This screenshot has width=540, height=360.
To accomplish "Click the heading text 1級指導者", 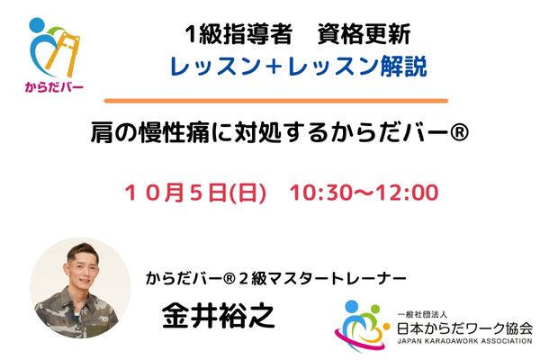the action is tap(238, 34).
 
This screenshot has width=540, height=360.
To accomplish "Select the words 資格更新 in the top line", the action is tap(364, 34).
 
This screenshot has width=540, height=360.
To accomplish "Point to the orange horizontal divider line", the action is tap(276, 101).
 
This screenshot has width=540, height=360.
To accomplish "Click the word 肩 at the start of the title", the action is tap(102, 133).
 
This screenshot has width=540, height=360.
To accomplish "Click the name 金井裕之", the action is tap(219, 316).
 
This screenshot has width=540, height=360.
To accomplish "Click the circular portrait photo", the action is tap(81, 288).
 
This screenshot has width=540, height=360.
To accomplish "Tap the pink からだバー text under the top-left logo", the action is tap(54, 86).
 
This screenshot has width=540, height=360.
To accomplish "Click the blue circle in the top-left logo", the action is tap(37, 25).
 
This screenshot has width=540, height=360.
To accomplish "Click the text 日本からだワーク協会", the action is tap(465, 328).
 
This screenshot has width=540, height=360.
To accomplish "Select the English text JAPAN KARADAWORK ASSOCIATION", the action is tap(465, 341).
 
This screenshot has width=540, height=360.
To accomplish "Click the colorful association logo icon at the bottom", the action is tap(362, 326).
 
